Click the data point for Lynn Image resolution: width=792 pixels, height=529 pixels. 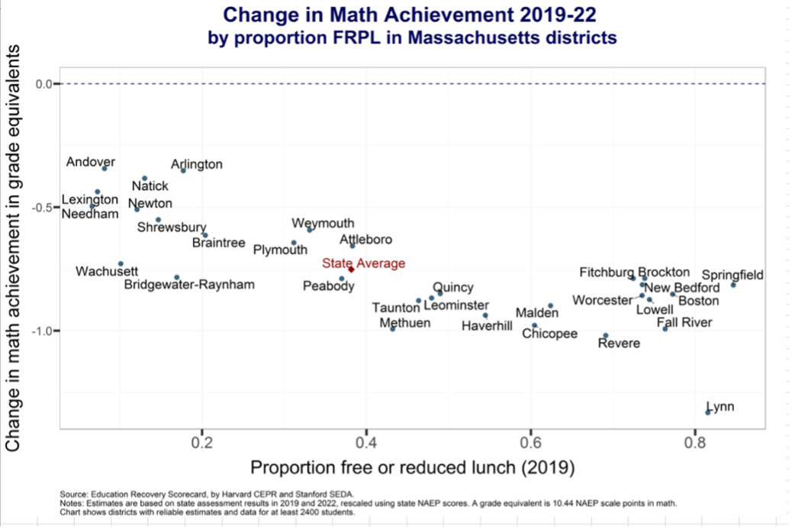click(708, 412)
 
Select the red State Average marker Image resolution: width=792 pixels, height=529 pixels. click(351, 269)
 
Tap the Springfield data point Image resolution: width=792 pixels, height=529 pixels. click(733, 285)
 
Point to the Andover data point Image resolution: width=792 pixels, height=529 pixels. click(105, 168)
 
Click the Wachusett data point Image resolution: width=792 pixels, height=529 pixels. click(121, 263)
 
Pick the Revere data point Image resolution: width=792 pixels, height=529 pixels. click(606, 335)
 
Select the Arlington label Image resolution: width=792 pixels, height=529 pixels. click(197, 164)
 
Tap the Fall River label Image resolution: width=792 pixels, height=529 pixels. click(684, 322)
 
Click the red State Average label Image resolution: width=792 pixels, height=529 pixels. click(363, 263)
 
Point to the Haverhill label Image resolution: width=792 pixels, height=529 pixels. click(487, 326)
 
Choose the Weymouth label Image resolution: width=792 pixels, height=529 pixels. click(323, 223)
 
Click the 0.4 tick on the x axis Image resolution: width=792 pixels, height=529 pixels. click(366, 442)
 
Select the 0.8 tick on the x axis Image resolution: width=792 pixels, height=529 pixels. click(694, 442)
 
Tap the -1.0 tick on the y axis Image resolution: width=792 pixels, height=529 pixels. click(40, 331)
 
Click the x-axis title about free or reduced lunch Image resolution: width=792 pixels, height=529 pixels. click(412, 466)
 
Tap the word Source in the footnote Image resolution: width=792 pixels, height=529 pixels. click(72, 493)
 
